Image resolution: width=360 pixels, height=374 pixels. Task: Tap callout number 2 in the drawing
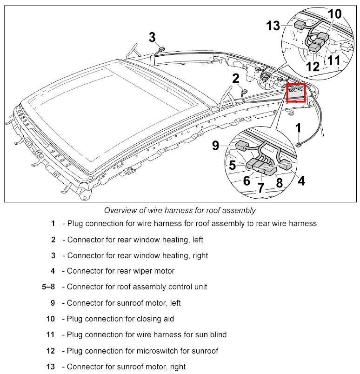[236, 78]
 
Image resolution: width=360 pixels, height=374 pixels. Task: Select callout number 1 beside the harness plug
[298, 128]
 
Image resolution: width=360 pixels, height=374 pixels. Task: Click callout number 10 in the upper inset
[334, 14]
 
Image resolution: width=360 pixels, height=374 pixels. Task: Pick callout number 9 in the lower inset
[215, 146]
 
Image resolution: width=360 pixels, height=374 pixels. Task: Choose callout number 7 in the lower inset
[260, 187]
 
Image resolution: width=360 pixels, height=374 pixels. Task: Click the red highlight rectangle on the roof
[296, 92]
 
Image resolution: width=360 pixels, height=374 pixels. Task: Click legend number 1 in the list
[53, 223]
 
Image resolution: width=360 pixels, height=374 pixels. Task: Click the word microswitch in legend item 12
[149, 351]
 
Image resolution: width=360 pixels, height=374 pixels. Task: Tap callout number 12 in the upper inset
[313, 66]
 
